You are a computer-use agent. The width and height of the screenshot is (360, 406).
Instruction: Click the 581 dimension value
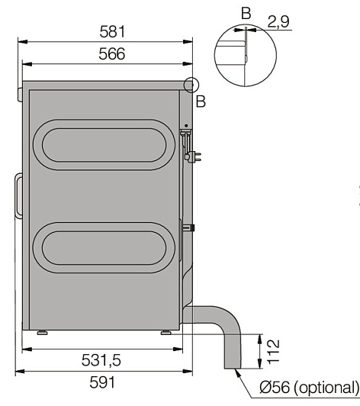coord(112,32)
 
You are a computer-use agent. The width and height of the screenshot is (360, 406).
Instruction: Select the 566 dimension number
coord(112,54)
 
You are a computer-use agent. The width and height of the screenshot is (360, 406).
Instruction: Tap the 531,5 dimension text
coord(101,360)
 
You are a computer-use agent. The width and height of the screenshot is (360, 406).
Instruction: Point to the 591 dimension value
coord(102,382)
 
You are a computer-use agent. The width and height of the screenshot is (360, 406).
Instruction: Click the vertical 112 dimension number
coord(273,352)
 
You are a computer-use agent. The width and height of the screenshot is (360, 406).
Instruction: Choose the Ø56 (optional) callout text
coord(309,388)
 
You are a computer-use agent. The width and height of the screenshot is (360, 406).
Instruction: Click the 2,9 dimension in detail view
coord(278,21)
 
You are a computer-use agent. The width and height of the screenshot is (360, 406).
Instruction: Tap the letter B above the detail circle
coord(246,13)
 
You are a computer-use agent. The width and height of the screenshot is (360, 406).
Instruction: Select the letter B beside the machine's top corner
coord(201,101)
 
